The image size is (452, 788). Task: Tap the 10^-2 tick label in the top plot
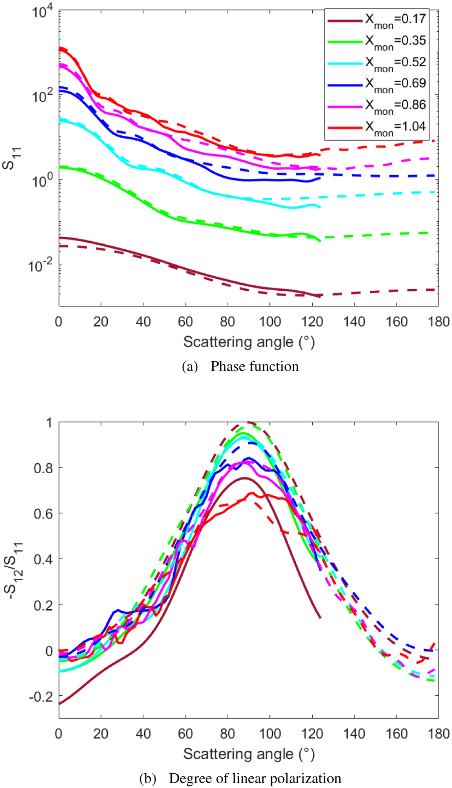click(41, 266)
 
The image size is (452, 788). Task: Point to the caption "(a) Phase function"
click(240, 366)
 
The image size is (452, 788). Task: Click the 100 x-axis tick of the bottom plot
click(270, 734)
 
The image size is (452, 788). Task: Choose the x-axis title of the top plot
click(249, 342)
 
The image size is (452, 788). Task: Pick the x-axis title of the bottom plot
click(249, 754)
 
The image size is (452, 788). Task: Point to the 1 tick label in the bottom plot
click(49, 423)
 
